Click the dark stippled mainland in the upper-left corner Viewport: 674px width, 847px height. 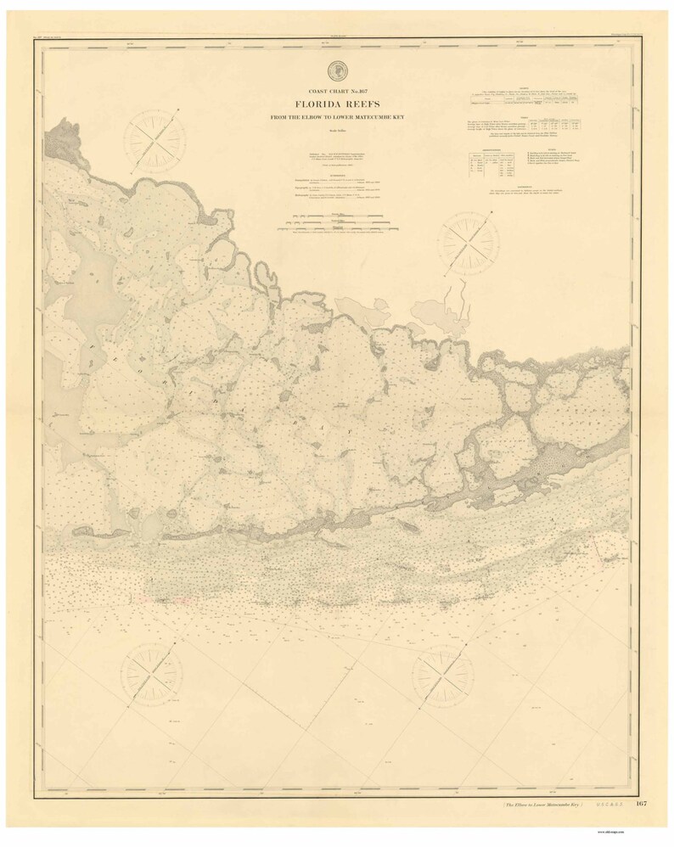64,135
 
